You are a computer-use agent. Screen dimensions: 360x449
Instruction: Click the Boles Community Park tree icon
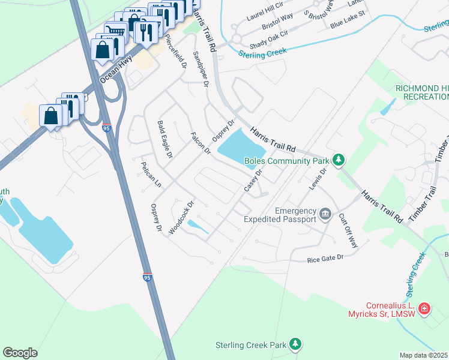339,160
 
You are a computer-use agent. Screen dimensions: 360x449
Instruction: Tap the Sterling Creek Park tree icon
295,344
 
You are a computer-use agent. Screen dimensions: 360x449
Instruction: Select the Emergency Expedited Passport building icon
325,214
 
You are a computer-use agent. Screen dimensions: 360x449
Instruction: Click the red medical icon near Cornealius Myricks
424,308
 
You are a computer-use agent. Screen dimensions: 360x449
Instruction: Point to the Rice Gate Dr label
325,258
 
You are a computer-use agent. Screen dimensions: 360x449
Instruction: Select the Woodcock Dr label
182,218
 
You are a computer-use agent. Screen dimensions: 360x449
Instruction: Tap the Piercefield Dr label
175,49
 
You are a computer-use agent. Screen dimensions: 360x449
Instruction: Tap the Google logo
20,353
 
